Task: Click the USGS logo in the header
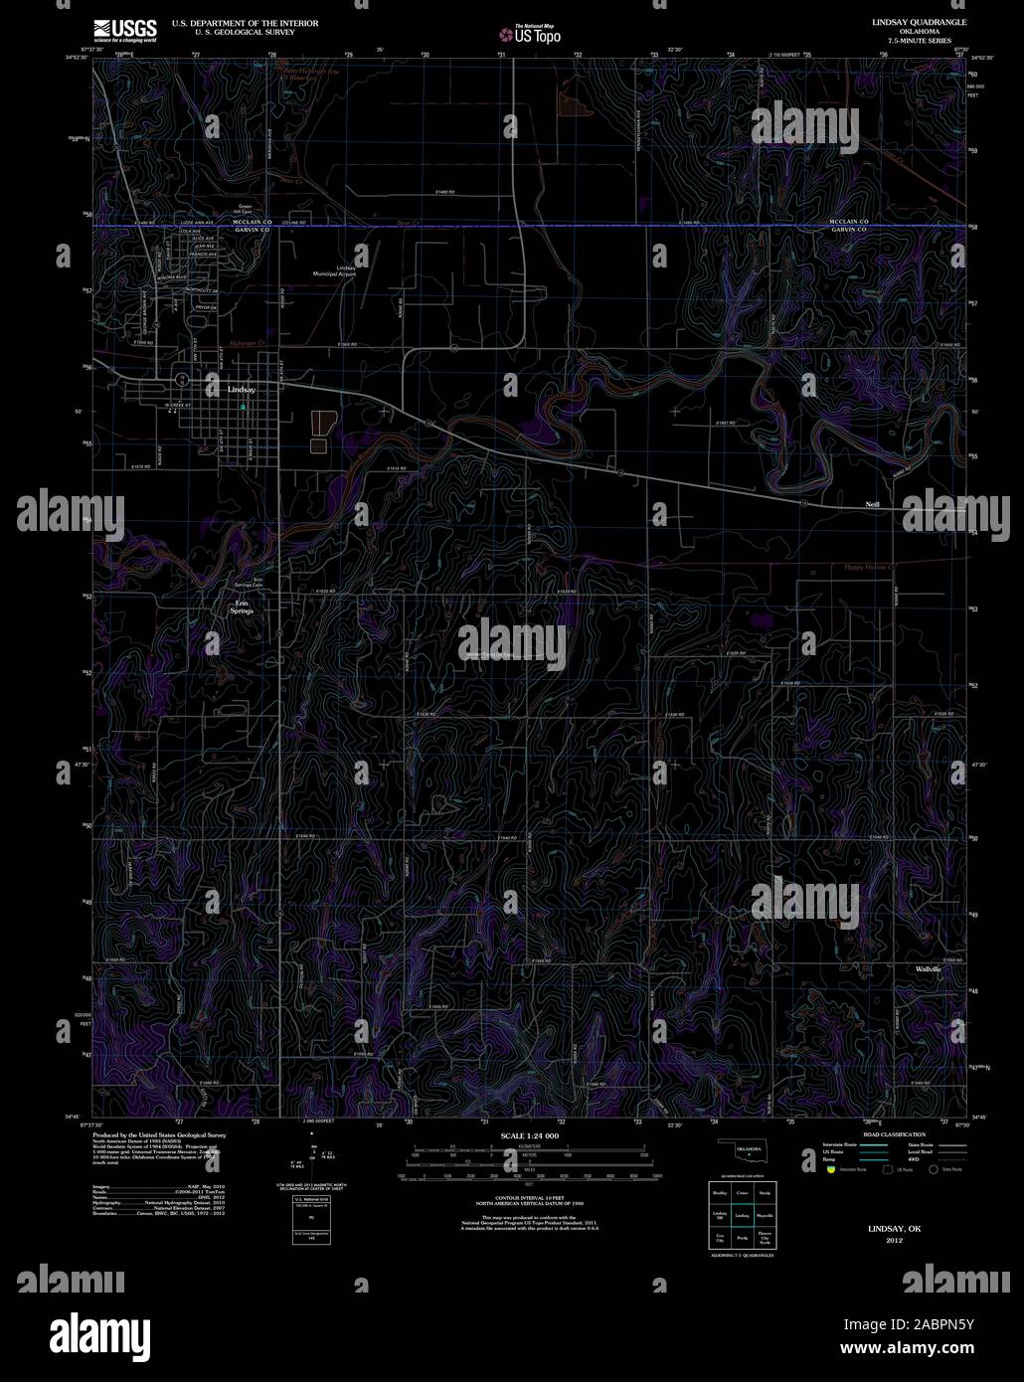click(124, 30)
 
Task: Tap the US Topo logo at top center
click(531, 35)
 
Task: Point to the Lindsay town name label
click(241, 390)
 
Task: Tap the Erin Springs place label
click(241, 606)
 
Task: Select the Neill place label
click(872, 506)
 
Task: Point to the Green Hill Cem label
click(244, 212)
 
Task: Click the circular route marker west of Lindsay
click(182, 379)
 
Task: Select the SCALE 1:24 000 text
click(530, 1135)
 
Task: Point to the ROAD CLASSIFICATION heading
click(895, 1134)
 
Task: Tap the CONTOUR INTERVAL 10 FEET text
click(529, 1198)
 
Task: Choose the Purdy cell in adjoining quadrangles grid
click(742, 1238)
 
